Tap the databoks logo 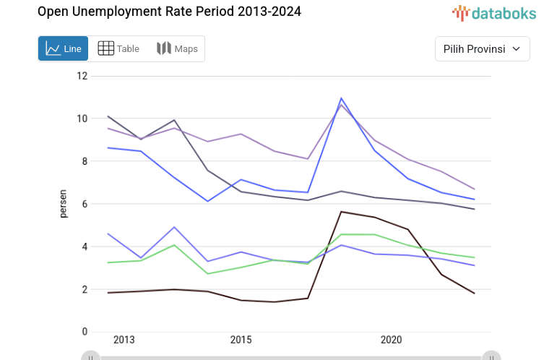click(494, 12)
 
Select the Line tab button click(64, 48)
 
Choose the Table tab click(118, 48)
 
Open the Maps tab click(177, 48)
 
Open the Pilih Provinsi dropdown click(482, 48)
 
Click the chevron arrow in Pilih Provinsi click(516, 48)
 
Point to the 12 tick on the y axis click(82, 76)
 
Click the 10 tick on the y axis click(82, 119)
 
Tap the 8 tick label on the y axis click(84, 161)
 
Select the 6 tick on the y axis click(84, 204)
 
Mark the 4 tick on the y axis click(84, 247)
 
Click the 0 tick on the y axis click(84, 332)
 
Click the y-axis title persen click(64, 204)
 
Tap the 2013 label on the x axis click(124, 340)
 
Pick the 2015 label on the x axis click(241, 340)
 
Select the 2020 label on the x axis click(391, 340)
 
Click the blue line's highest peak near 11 click(341, 98)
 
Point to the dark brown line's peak click(341, 211)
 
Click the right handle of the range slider click(491, 356)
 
